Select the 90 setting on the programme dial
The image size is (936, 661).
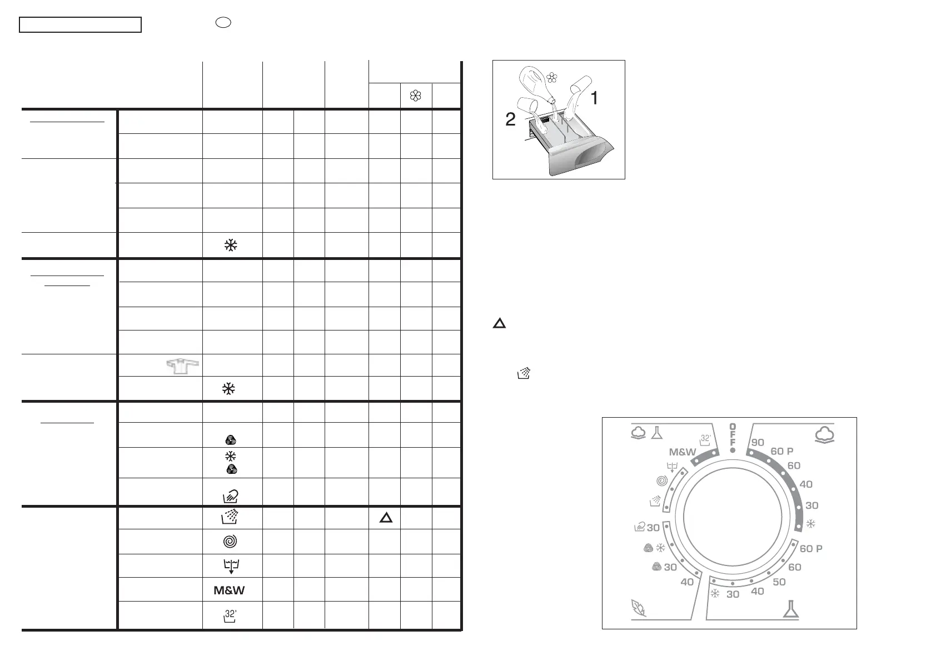point(758,443)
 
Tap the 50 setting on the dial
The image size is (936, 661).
point(779,582)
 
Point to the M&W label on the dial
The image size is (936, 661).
point(683,452)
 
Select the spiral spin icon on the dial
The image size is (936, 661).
point(661,481)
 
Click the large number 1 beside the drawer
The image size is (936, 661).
point(594,98)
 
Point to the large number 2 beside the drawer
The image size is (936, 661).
point(510,119)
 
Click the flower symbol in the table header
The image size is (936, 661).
point(416,97)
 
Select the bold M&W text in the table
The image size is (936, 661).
point(230,590)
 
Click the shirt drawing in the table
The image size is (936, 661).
point(182,366)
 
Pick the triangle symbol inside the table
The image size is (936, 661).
point(386,518)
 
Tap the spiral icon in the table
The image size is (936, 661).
point(230,542)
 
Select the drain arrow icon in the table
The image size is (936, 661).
point(230,566)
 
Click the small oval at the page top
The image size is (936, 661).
point(223,23)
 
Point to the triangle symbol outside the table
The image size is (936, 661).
point(499,323)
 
